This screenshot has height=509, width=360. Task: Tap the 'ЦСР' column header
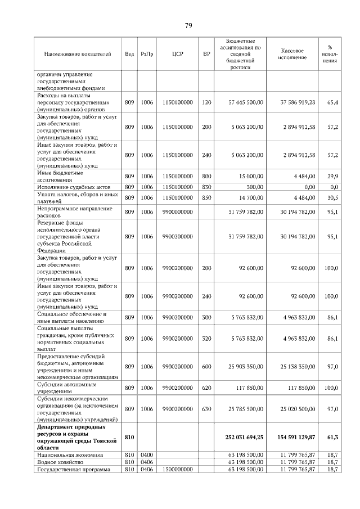[178, 54]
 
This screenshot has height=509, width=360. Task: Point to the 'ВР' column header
[206, 54]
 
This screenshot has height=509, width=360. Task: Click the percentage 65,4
[332, 102]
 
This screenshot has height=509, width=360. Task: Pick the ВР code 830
[206, 187]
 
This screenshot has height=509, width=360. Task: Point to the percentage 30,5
[332, 197]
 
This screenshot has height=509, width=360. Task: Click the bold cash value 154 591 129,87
[294, 436]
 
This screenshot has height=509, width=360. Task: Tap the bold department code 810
[129, 436]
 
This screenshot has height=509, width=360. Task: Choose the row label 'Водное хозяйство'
[60, 461]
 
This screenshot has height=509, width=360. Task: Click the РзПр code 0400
[147, 454]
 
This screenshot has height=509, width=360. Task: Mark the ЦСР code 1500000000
[178, 469]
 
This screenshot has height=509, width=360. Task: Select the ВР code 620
[206, 388]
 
